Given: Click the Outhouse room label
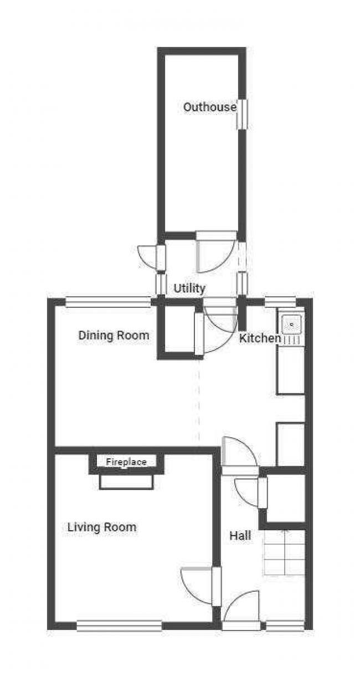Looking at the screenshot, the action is pos(210,107).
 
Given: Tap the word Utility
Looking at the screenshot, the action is pos(189,288).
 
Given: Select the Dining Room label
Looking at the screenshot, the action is pos(114,335).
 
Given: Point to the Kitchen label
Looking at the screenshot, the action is pos(260,338).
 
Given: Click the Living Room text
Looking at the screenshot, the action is pos(101,527).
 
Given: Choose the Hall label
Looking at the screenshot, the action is pos(240,535).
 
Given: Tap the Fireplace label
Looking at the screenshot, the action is pos(126,462).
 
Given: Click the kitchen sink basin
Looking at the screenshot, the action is pos(291,324).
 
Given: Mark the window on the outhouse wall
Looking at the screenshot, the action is pos(241,114).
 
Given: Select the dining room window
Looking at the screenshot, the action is pos(108,302).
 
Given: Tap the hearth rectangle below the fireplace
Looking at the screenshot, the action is pos(126,482).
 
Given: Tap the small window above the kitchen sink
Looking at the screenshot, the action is pos(280,302).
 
